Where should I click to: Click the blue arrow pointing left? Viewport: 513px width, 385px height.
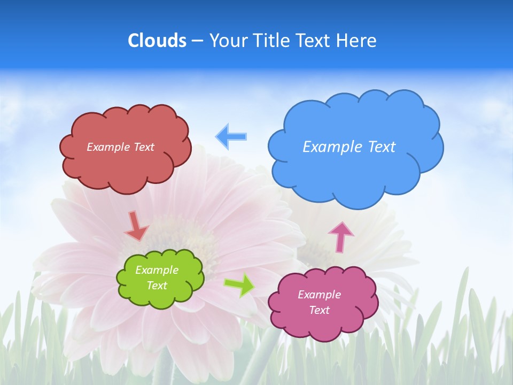(x=231, y=136)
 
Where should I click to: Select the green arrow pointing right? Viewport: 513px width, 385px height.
(x=239, y=284)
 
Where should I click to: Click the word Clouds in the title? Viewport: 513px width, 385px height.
(x=157, y=41)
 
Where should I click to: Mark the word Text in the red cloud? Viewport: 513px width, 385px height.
(x=143, y=147)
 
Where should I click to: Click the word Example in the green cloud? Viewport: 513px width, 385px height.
(x=157, y=270)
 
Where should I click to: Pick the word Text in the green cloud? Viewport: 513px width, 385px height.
(x=157, y=286)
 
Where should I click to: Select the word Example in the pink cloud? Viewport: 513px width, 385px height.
(x=319, y=295)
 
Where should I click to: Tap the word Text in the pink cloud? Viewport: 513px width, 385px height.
(x=319, y=310)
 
